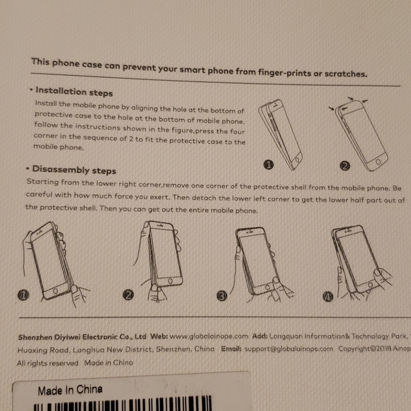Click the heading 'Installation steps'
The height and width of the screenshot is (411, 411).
coord(74,91)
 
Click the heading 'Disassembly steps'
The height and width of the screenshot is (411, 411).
coord(74,170)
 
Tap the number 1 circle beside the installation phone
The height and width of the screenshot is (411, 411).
coord(269,166)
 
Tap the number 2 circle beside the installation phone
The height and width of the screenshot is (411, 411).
coord(345,167)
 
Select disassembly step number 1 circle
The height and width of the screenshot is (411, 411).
coord(23,294)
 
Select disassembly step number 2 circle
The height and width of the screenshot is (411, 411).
coord(129,295)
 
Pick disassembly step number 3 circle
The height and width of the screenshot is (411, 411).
coord(222,295)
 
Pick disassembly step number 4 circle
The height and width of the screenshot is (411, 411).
coord(327,296)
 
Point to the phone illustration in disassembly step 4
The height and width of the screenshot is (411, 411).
coord(358,259)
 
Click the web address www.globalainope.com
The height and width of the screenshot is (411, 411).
coord(209,337)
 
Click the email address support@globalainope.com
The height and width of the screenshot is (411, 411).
coord(288,349)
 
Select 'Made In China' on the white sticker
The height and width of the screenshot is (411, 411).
coord(70,390)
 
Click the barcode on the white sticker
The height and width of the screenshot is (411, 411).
coord(142,407)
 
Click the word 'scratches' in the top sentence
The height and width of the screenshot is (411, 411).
coord(344,74)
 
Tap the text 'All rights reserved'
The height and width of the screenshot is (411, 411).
coord(47,363)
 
